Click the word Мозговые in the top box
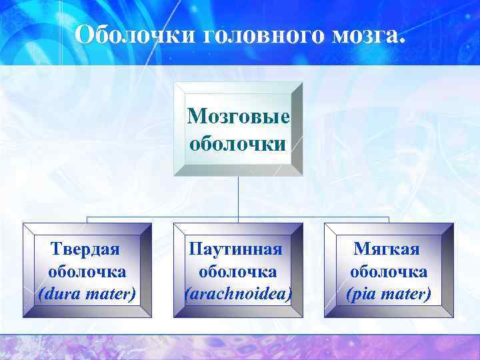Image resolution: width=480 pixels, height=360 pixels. [x=239, y=117]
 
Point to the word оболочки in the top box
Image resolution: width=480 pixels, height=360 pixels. [x=239, y=143]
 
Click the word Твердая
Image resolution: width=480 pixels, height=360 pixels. [x=86, y=249]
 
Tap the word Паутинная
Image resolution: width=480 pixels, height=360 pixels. [x=237, y=249]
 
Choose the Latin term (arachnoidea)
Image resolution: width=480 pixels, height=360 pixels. [x=238, y=293]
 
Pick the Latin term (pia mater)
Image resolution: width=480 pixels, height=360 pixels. [x=389, y=293]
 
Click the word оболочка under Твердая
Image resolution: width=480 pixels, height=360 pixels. [x=87, y=271]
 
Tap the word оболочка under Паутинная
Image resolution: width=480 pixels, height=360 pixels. [x=237, y=271]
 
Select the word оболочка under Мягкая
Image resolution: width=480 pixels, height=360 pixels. [x=389, y=271]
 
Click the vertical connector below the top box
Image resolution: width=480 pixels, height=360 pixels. [x=238, y=197]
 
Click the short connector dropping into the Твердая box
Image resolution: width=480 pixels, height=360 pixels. [x=87, y=221]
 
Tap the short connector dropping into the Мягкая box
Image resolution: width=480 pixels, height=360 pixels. [x=389, y=221]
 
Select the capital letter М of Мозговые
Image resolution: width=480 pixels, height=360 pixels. [x=195, y=117]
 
